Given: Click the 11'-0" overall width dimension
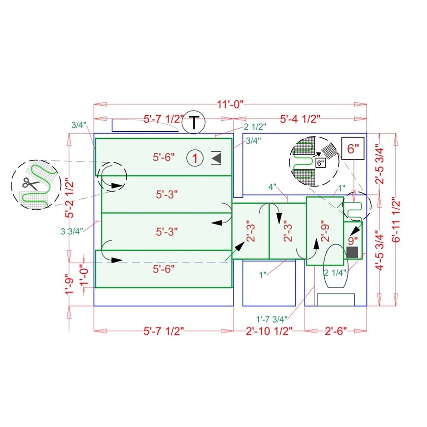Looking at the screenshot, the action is (x=230, y=104).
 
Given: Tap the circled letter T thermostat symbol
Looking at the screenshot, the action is (x=193, y=122).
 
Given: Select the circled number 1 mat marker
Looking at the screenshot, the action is (x=195, y=158).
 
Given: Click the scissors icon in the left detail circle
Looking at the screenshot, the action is (x=30, y=184).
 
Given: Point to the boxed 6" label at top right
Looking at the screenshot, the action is (x=353, y=149).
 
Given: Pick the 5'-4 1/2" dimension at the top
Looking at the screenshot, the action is (x=300, y=119).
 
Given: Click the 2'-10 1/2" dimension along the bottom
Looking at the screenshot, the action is (x=269, y=331).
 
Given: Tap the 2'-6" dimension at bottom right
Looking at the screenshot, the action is (x=336, y=331).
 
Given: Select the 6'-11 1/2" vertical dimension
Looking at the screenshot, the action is (x=396, y=221).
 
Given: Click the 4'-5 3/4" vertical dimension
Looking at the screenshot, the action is (x=380, y=250).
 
